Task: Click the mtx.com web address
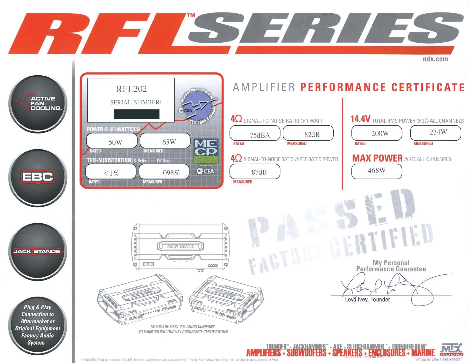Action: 435,59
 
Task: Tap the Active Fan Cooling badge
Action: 38,104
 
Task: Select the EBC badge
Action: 38,177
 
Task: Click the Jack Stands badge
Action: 38,251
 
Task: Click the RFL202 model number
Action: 131,89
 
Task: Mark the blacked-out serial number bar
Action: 136,114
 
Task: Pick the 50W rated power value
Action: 115,142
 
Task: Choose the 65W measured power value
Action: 169,142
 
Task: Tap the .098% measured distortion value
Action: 170,173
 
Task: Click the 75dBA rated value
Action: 260,135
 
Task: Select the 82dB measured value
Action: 312,135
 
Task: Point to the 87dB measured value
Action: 259,172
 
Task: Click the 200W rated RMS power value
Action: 380,133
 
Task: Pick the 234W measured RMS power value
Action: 438,132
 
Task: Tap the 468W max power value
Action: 377,171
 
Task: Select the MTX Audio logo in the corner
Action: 452,350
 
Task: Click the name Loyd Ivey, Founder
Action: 367,300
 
